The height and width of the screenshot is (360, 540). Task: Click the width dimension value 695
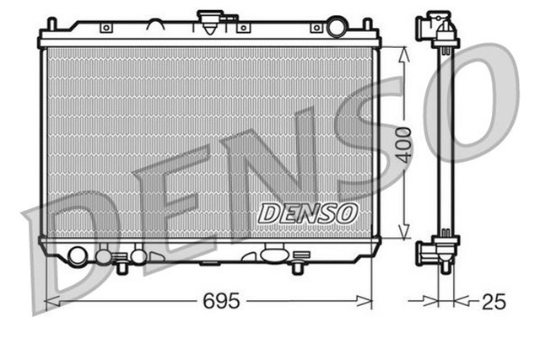(x=222, y=300)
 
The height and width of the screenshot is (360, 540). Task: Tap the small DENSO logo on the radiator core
(x=308, y=212)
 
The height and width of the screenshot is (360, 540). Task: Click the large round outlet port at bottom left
(x=77, y=255)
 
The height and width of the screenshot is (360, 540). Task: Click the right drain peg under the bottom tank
(x=296, y=268)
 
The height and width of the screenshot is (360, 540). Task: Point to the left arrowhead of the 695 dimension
(x=48, y=299)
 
